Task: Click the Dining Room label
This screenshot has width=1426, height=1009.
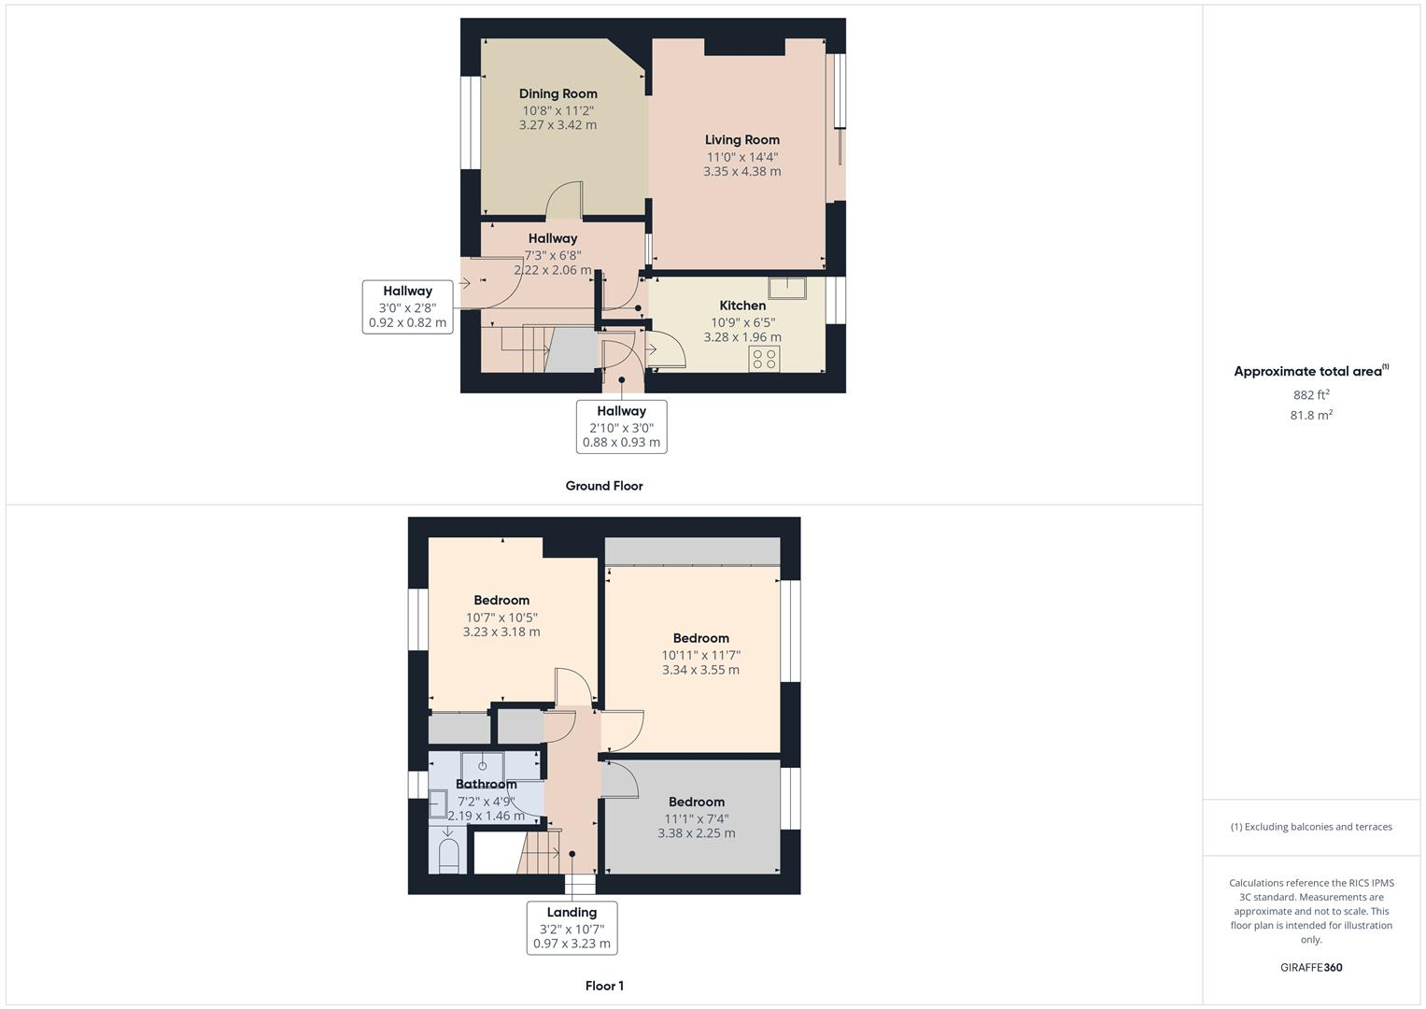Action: coord(558,93)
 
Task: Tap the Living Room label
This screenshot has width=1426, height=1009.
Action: coord(741,140)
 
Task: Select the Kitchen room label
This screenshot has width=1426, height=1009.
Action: coord(742,306)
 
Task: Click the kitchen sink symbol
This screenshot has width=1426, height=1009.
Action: coord(787,287)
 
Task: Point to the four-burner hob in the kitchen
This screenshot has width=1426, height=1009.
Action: coord(764,359)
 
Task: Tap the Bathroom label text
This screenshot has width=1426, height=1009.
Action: coord(486,784)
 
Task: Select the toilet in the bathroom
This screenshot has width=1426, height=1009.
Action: coord(449,854)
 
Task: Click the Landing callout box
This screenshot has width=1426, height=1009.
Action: coord(572,927)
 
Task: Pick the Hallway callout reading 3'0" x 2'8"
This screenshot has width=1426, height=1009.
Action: coord(407,307)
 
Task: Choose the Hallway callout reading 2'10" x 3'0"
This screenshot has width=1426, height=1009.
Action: coord(621,426)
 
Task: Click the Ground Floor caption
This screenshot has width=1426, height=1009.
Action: coord(604,486)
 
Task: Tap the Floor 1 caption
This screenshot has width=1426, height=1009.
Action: coord(604,986)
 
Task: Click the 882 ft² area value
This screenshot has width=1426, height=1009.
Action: coord(1310,394)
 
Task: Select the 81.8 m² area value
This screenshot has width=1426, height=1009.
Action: coord(1310,415)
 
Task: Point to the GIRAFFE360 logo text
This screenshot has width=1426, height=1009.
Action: coord(1310,967)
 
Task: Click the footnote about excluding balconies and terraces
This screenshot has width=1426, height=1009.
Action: coord(1310,827)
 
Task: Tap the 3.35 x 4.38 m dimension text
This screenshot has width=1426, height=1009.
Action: coord(741,172)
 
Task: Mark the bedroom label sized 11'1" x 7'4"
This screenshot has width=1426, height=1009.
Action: coord(696,802)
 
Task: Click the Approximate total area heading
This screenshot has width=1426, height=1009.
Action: coord(1310,371)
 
